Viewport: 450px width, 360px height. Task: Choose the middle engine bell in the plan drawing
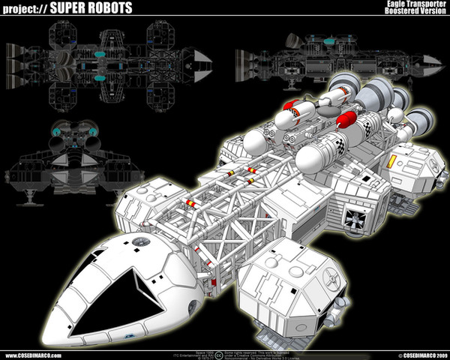tap(13, 55)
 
